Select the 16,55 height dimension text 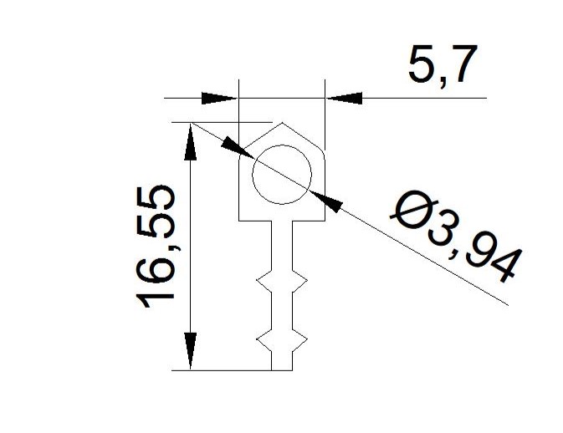click(x=156, y=247)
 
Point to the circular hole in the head click(x=282, y=175)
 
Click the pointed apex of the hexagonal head click(x=282, y=123)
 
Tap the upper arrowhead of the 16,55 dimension click(x=190, y=142)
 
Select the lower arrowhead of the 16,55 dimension click(x=190, y=350)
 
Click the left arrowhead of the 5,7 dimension click(x=219, y=98)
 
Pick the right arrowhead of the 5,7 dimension click(x=344, y=98)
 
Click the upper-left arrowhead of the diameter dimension click(x=238, y=148)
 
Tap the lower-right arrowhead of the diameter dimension click(x=326, y=201)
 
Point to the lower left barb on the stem click(x=264, y=339)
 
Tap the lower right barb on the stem click(x=299, y=339)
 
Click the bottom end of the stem click(x=282, y=369)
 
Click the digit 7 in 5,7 click(x=462, y=64)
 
